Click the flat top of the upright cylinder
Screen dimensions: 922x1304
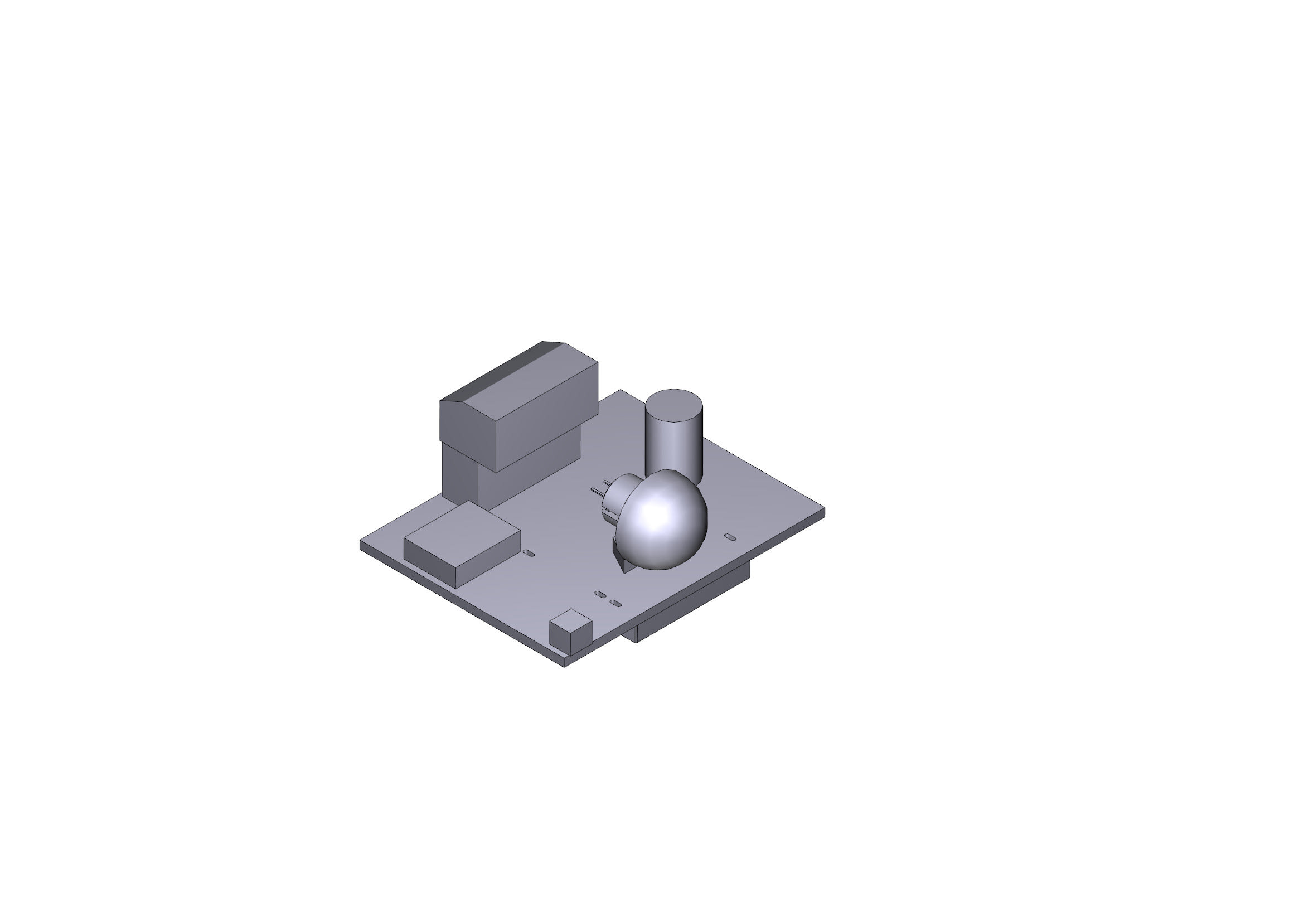click(674, 405)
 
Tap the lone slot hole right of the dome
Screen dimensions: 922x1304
click(731, 536)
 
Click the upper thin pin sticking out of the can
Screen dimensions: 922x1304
click(607, 482)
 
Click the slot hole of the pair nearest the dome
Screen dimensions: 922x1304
click(600, 594)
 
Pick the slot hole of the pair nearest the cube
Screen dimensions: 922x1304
click(614, 603)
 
